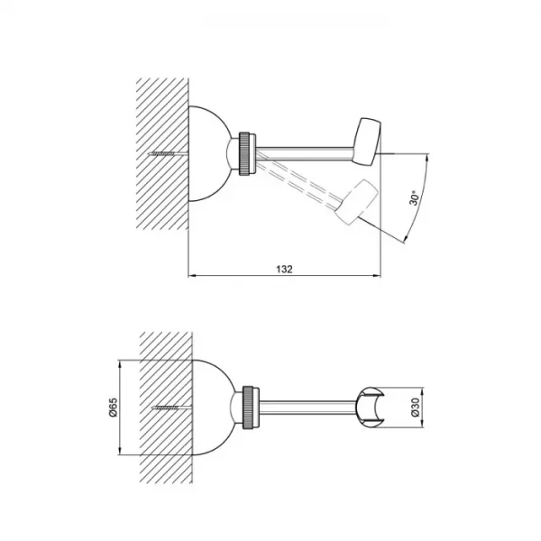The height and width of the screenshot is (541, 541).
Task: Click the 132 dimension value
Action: (x=284, y=269)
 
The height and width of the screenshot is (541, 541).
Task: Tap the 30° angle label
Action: (x=415, y=197)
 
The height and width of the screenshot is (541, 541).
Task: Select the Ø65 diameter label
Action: (x=114, y=408)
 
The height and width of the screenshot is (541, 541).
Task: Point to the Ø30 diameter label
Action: (x=416, y=408)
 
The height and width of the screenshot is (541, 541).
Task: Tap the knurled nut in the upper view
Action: (x=244, y=153)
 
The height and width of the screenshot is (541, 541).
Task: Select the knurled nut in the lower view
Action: (x=248, y=408)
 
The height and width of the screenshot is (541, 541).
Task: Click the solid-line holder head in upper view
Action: (x=366, y=142)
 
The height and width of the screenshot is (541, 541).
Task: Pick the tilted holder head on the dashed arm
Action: (x=356, y=201)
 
